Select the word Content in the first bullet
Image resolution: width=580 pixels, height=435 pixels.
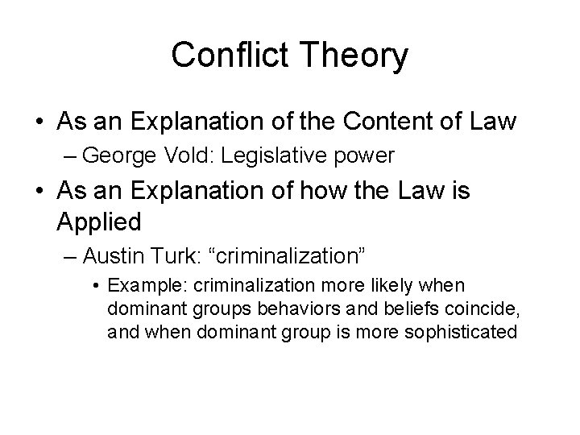click(x=379, y=122)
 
